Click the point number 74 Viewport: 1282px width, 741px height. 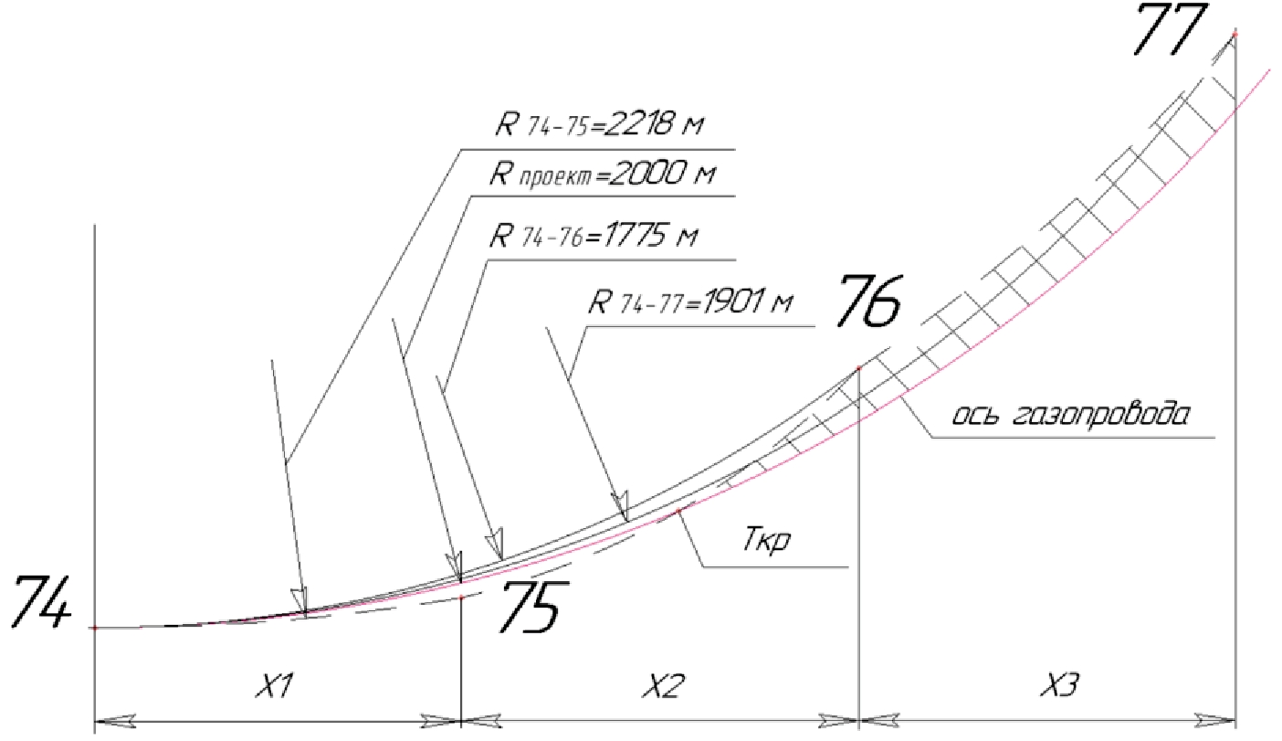point(41,602)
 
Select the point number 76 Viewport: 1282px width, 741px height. point(868,302)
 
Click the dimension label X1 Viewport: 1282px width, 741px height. point(274,685)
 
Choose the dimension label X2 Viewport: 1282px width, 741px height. point(663,685)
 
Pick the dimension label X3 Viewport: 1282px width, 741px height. point(1059,685)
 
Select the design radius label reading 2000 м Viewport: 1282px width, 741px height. point(602,175)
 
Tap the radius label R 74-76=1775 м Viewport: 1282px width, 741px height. point(594,235)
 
